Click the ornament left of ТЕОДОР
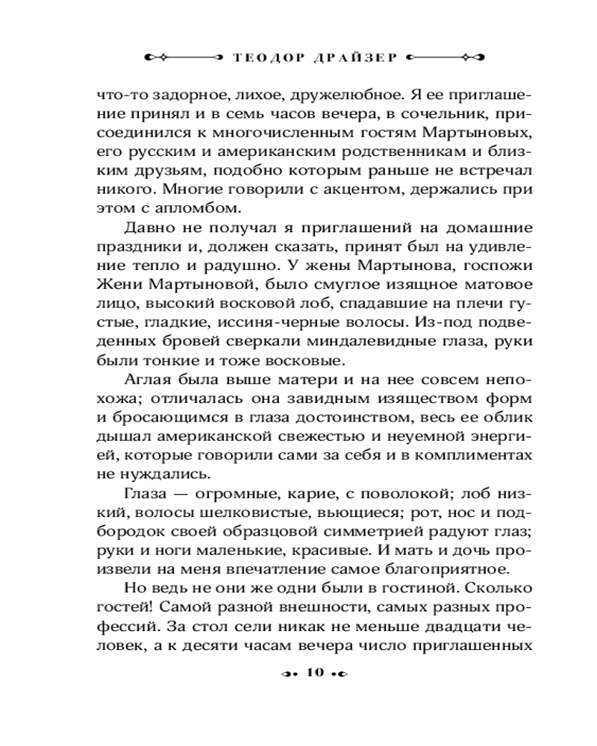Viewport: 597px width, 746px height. [179, 56]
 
